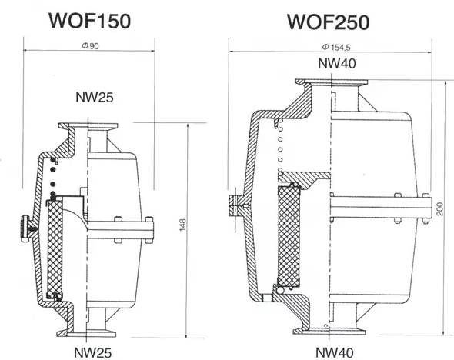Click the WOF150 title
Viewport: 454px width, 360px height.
pyautogui.click(x=90, y=21)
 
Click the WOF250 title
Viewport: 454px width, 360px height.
pyautogui.click(x=328, y=22)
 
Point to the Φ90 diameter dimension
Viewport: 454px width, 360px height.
pyautogui.click(x=90, y=46)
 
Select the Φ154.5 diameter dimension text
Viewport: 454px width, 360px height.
pyautogui.click(x=336, y=47)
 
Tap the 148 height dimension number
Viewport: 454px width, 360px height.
pyautogui.click(x=182, y=225)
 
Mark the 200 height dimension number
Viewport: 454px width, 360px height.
pyautogui.click(x=440, y=209)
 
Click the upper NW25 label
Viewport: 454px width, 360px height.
pyautogui.click(x=95, y=97)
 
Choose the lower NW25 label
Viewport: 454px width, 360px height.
pyautogui.click(x=93, y=353)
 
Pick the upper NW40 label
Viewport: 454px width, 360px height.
pyautogui.click(x=337, y=63)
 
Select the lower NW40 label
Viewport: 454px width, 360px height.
pyautogui.click(x=335, y=353)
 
